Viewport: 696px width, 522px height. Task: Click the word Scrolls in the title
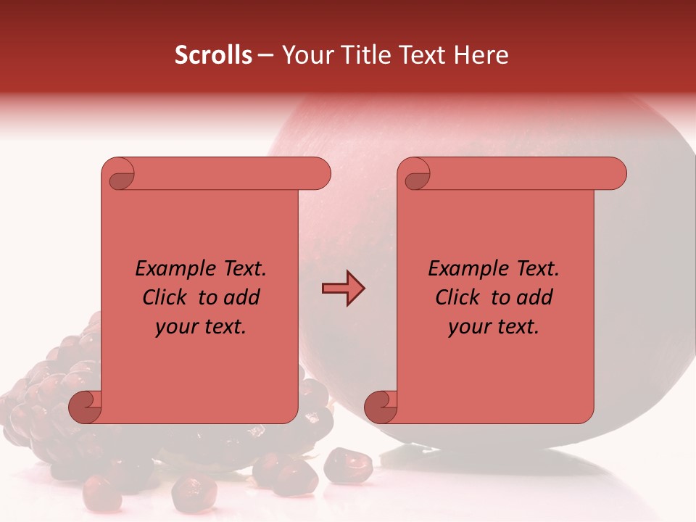tap(213, 55)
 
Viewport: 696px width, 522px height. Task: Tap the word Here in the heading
tap(481, 55)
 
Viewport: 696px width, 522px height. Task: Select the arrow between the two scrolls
tap(343, 289)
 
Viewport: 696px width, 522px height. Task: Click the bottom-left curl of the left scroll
tap(85, 407)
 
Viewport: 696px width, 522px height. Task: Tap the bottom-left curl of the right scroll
tap(381, 407)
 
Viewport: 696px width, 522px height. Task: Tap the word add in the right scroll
tap(536, 297)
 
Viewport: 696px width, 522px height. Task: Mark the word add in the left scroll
tap(243, 297)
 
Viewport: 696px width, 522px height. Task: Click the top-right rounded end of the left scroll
tap(316, 174)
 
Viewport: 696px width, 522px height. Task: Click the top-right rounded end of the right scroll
tap(612, 174)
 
